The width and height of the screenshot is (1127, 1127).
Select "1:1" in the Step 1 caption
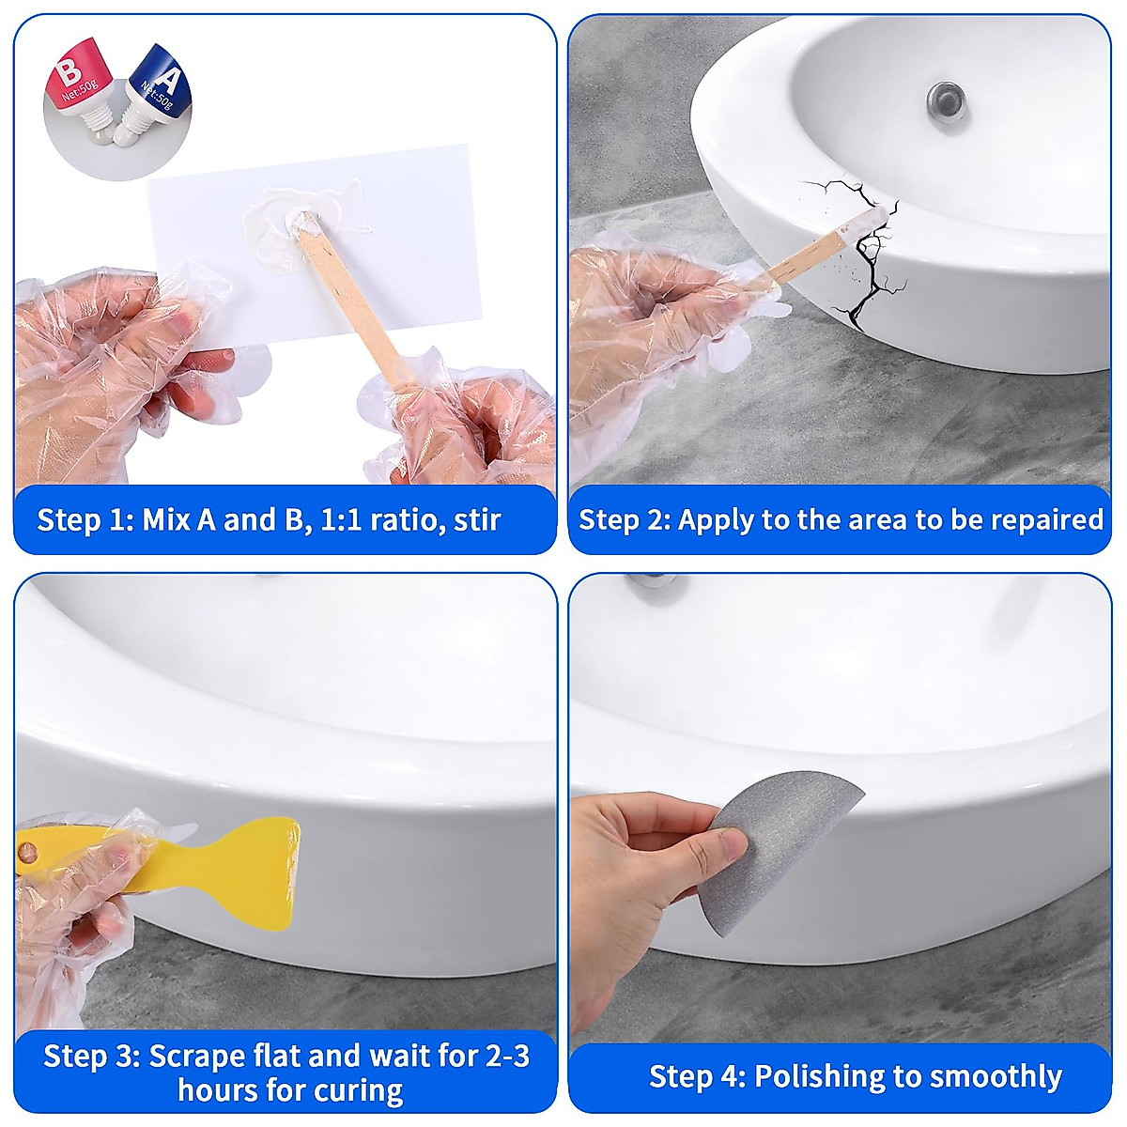(x=342, y=519)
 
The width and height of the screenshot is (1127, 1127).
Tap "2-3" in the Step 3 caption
(x=508, y=1056)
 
